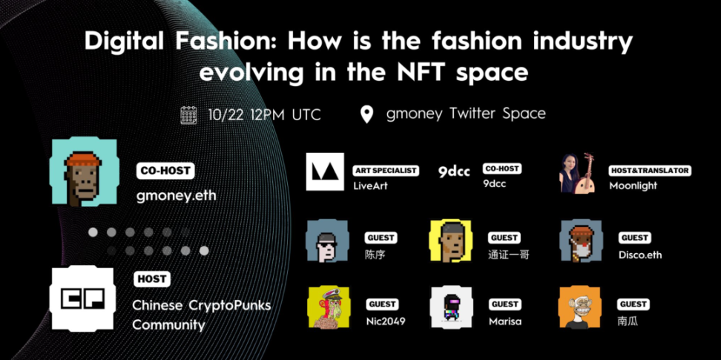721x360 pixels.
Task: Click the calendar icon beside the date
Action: (188, 115)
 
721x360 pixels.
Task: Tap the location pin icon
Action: (366, 114)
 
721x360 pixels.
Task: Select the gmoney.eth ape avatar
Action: (84, 171)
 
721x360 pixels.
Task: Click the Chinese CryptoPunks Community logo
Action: (82, 298)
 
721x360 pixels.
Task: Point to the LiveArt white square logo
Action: (325, 171)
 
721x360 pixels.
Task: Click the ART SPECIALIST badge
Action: (385, 171)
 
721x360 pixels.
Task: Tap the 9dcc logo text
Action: (454, 172)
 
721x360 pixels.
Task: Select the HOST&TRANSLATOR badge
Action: (651, 171)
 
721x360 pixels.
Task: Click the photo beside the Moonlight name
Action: (578, 173)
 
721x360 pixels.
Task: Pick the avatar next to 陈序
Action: (327, 240)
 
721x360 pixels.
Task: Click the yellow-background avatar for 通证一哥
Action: (451, 240)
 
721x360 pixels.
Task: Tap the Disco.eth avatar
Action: (581, 240)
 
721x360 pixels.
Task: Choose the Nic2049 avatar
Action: (329, 307)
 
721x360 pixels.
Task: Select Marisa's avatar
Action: (451, 307)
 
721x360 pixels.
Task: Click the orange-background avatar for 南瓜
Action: (579, 307)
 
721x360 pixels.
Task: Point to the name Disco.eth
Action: (640, 255)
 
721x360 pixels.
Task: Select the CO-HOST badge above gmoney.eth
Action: (165, 171)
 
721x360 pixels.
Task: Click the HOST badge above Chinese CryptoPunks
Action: (152, 279)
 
